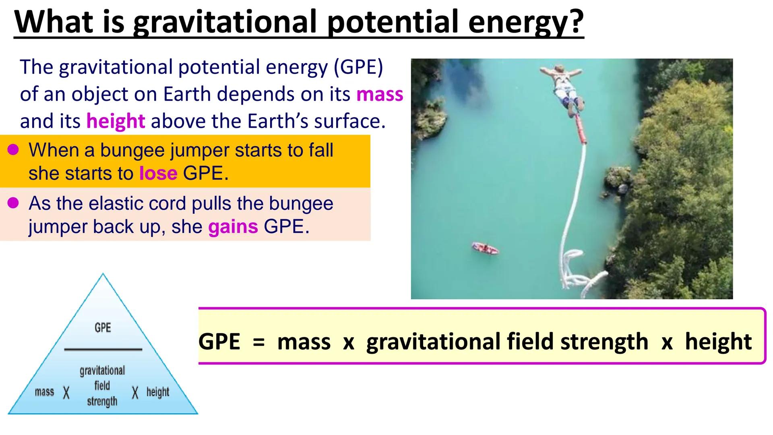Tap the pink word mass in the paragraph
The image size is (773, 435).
[380, 94]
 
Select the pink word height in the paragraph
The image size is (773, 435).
[116, 121]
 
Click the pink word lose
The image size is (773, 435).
[158, 173]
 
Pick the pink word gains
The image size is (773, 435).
[233, 226]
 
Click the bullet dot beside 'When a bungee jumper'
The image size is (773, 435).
[13, 150]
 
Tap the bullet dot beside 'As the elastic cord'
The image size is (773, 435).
[13, 203]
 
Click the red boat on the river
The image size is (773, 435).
[485, 248]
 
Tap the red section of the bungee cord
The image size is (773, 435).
[580, 129]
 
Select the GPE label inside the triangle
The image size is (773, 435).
[103, 327]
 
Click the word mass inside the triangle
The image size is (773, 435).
[44, 391]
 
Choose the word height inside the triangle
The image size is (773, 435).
[157, 391]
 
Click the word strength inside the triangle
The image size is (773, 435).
[102, 402]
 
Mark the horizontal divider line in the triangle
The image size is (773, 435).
[103, 349]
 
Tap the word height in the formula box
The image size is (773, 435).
[718, 342]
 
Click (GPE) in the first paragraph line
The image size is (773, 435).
[358, 67]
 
